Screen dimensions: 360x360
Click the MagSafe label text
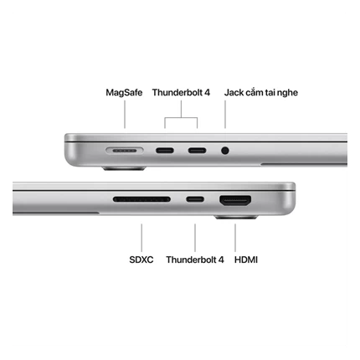click(124, 92)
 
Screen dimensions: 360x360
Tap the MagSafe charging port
click(125, 151)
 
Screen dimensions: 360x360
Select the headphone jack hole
click(225, 151)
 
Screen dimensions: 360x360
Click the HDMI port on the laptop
click(235, 201)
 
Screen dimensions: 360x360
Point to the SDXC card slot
click(141, 199)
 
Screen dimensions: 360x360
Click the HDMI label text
click(246, 260)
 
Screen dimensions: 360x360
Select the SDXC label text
click(141, 260)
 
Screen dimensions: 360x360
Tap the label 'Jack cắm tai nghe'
click(261, 93)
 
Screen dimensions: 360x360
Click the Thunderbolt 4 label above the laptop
click(181, 92)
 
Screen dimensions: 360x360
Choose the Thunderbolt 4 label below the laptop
click(195, 260)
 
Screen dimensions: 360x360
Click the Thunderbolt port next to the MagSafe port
click(165, 151)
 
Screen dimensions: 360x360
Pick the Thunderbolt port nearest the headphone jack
click(197, 151)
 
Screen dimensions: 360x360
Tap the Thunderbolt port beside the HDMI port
click(195, 199)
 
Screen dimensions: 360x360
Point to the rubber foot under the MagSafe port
click(124, 168)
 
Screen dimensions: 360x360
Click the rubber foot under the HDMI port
click(236, 217)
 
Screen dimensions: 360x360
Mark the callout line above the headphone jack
click(225, 115)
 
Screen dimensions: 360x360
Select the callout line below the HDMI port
click(235, 238)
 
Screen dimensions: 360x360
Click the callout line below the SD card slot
click(141, 238)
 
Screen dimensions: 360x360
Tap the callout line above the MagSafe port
click(125, 115)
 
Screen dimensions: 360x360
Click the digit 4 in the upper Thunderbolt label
click(207, 92)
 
